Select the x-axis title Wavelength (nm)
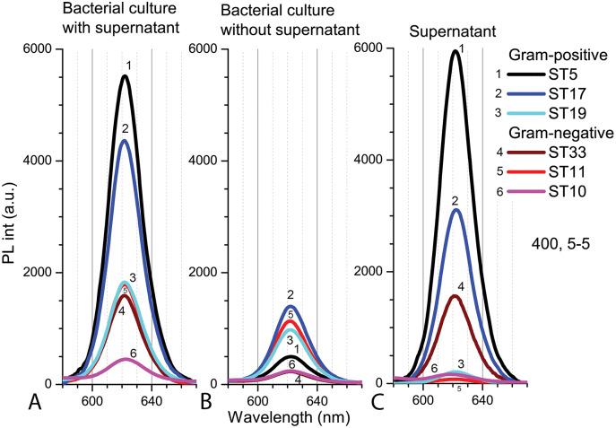284,417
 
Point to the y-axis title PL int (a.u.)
13,215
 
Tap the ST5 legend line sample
533,75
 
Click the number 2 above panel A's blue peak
126,128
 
